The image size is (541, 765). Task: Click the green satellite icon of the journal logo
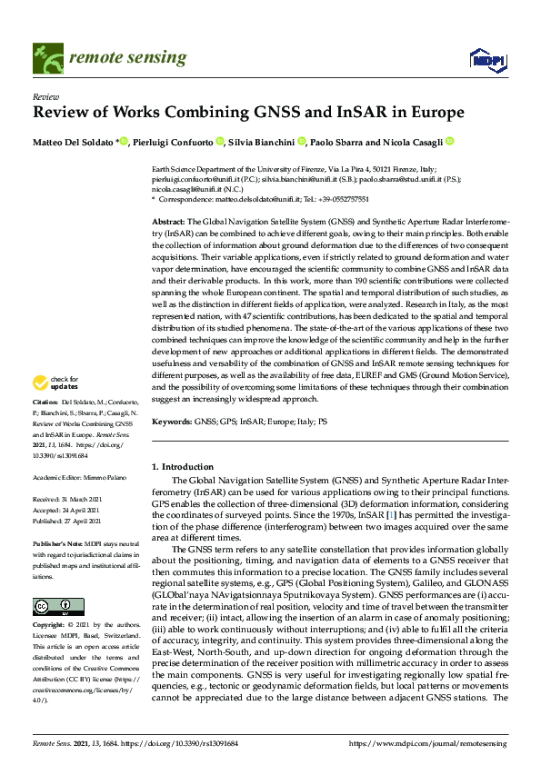click(x=44, y=58)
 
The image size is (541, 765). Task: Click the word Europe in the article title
click(x=432, y=114)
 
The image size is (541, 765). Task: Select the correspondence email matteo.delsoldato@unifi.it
click(x=253, y=197)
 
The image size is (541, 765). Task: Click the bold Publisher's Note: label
click(x=56, y=542)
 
